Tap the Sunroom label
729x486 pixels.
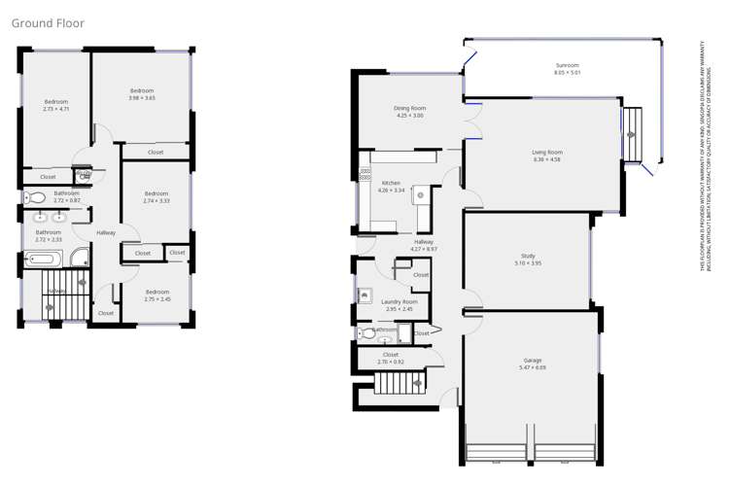pos(567,65)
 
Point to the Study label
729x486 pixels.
pos(527,256)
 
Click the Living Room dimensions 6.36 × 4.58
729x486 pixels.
pos(547,159)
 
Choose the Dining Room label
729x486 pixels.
pos(410,108)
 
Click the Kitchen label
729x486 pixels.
pos(391,183)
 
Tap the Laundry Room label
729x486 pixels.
pos(399,302)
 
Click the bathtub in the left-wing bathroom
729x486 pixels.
pos(44,259)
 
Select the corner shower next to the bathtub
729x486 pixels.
pos(79,259)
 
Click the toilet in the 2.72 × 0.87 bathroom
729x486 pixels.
pos(35,198)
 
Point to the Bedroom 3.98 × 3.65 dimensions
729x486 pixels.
pos(142,98)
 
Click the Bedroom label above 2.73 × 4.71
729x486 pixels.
pos(56,102)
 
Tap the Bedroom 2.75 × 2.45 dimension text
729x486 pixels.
pos(157,298)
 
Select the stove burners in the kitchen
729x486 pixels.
pos(365,176)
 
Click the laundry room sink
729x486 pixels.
pos(365,295)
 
